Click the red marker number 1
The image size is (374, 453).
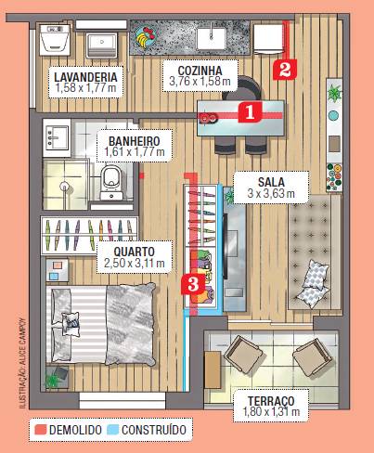(x=250, y=112)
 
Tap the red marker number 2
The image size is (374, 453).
(x=285, y=69)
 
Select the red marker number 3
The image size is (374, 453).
(x=193, y=284)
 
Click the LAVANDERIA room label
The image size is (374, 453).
(x=85, y=77)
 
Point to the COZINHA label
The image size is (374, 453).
(x=200, y=71)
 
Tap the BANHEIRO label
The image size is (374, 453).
(x=135, y=141)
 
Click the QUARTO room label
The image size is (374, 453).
(x=135, y=252)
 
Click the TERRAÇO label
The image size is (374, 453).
(x=271, y=401)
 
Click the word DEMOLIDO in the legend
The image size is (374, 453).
(x=75, y=430)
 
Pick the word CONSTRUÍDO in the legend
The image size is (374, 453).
(x=154, y=430)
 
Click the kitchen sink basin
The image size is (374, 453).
(x=212, y=38)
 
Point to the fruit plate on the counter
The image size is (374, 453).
(x=146, y=37)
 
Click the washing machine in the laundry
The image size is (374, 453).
(x=56, y=40)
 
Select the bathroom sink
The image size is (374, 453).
(x=56, y=137)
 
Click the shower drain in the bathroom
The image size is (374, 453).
(x=64, y=187)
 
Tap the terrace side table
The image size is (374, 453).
(x=213, y=369)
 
